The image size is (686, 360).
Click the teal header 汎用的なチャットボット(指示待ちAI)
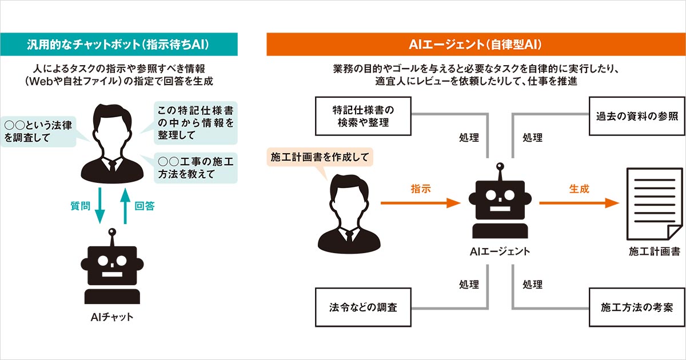pyautogui.click(x=118, y=44)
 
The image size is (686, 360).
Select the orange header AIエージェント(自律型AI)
pyautogui.click(x=476, y=44)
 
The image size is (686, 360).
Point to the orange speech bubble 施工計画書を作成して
pyautogui.click(x=320, y=157)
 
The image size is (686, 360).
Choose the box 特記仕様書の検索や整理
pyautogui.click(x=364, y=116)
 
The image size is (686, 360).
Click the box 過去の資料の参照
pyautogui.click(x=633, y=116)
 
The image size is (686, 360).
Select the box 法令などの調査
pyautogui.click(x=364, y=307)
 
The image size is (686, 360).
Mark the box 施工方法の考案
pyautogui.click(x=633, y=307)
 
